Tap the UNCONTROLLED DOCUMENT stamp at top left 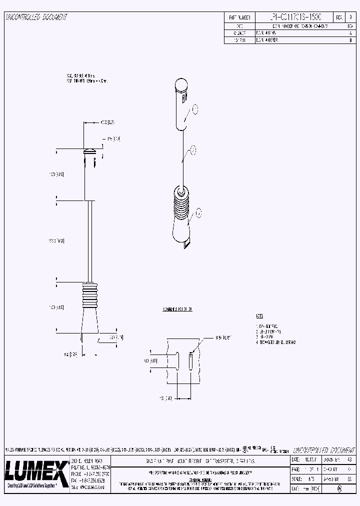(x=36, y=17)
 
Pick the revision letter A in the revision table (x=349, y=32)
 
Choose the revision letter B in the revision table (x=349, y=39)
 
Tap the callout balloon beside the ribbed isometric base (x=198, y=213)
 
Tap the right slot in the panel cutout (x=190, y=360)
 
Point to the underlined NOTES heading (x=259, y=316)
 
